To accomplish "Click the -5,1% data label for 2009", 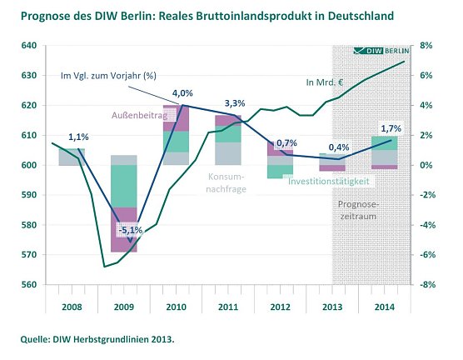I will [129, 229].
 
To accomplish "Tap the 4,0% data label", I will [182, 92].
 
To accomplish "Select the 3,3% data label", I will [235, 103].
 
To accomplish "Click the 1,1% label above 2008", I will [77, 137].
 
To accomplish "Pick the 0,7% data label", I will [286, 143].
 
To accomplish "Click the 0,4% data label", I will [339, 147].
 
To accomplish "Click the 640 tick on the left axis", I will [29, 46].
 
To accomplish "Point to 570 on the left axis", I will [29, 255].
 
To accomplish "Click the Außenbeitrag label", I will [137, 113].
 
